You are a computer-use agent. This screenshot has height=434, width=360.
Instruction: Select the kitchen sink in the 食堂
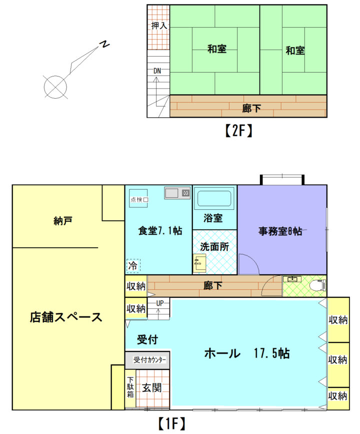(x=177, y=193)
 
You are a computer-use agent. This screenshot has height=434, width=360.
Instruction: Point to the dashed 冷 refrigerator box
(x=133, y=266)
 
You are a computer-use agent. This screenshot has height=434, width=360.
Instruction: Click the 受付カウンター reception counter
(x=147, y=360)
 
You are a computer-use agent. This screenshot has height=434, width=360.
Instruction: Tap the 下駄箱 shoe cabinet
(x=130, y=388)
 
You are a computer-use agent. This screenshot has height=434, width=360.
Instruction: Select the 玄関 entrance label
(x=151, y=388)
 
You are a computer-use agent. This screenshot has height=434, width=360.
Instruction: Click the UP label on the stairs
(x=160, y=303)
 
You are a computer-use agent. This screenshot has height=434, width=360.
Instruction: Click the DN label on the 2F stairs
(x=157, y=71)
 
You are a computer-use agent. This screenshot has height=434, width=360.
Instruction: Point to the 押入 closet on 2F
(x=158, y=27)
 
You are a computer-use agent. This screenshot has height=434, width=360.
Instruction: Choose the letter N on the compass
(x=104, y=44)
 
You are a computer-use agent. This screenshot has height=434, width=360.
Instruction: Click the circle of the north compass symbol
(x=55, y=87)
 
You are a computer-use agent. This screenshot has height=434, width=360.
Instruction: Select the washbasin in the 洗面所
(x=199, y=263)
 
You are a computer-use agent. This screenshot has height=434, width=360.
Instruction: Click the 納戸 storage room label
(x=63, y=221)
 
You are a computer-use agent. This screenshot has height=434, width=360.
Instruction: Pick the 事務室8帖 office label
(x=280, y=231)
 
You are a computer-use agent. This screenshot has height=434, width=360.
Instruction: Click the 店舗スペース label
(x=66, y=317)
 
